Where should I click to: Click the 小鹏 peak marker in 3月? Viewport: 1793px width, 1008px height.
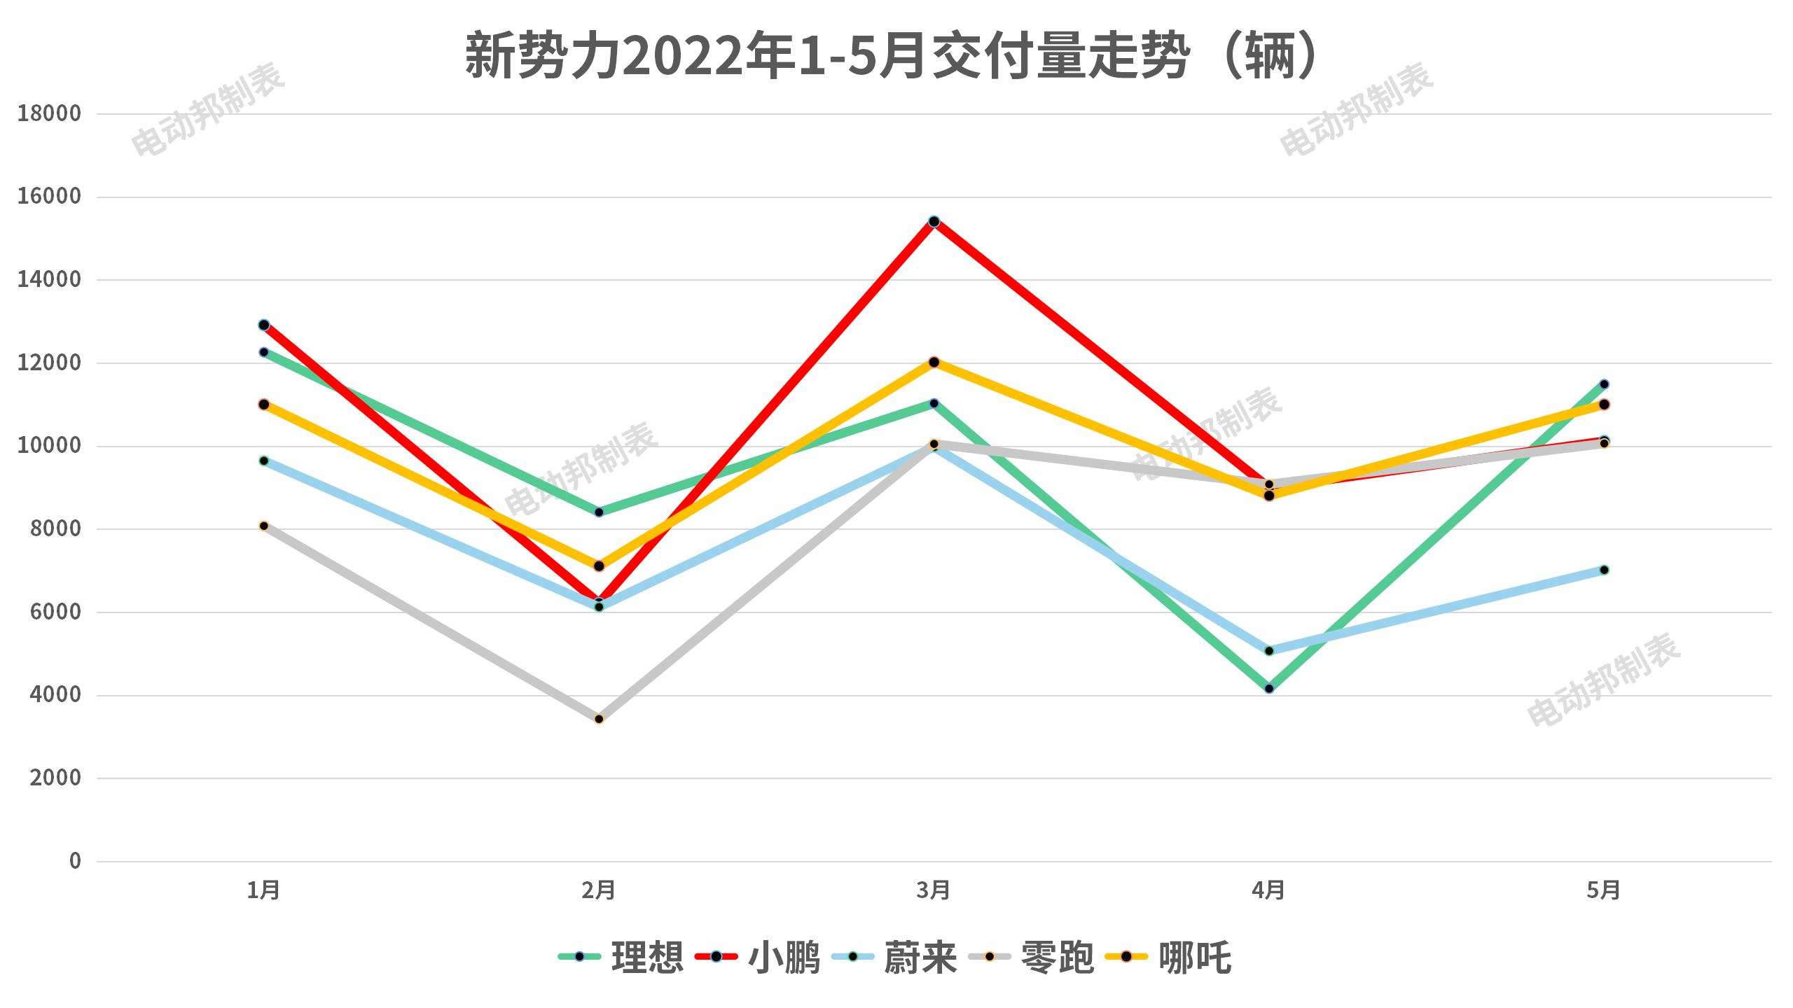pos(934,221)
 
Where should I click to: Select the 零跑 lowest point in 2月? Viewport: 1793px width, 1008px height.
pos(599,719)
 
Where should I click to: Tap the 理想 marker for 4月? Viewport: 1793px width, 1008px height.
pos(1269,689)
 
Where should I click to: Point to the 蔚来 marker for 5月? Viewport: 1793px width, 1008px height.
pos(1604,570)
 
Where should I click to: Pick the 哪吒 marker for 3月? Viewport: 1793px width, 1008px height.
pos(934,362)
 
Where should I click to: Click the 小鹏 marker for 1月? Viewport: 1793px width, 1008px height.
pos(264,325)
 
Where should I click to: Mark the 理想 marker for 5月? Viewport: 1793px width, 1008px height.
pos(1604,384)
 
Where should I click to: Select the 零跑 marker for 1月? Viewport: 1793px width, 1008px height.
pos(264,526)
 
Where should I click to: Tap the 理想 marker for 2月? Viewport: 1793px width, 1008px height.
pos(599,512)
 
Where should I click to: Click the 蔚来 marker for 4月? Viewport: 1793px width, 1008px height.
pos(1269,651)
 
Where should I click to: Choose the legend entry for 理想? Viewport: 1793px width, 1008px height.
pos(621,957)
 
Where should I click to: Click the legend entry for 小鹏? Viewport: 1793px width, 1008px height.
pos(758,957)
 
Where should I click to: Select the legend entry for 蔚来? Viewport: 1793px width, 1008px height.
pos(894,957)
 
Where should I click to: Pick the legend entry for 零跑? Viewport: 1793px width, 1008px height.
pos(1031,957)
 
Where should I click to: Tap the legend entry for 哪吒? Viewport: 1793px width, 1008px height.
pos(1168,957)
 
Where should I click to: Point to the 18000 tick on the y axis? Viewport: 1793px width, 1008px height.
pos(49,113)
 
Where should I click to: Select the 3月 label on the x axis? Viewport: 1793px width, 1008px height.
pos(934,890)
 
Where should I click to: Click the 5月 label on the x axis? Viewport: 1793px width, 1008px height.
pos(1604,890)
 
